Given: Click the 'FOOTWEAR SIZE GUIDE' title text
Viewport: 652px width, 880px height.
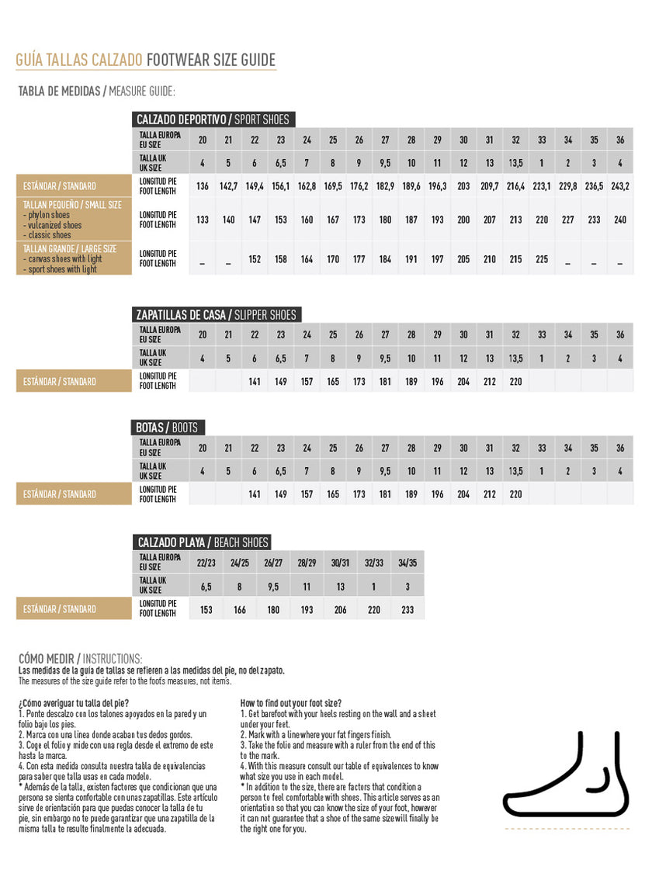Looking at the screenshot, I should coord(210,61).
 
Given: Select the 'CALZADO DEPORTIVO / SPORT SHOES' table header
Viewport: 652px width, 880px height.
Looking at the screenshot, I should coord(213,120).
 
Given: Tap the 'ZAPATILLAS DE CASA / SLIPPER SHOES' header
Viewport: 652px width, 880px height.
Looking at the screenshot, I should coord(216,314).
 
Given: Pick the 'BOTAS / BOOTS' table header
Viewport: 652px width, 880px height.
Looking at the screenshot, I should coord(167,428).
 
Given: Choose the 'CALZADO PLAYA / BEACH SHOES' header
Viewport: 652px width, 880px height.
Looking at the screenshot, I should coord(203,542).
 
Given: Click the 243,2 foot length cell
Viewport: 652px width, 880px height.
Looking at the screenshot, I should coord(620,186).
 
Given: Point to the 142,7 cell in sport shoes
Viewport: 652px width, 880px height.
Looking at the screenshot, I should coord(228,186).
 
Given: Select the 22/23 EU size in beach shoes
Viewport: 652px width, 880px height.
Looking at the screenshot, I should coord(206,561).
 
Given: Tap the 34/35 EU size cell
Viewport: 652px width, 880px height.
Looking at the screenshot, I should coord(407,561).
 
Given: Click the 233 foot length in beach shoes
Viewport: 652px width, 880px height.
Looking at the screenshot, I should coord(407,610).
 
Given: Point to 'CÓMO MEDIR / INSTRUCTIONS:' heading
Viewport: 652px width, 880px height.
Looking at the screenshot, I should coord(81,659).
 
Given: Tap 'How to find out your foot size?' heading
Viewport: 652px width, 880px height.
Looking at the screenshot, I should coord(291,702).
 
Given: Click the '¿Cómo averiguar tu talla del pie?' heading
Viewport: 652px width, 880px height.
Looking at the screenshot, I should coord(68,702).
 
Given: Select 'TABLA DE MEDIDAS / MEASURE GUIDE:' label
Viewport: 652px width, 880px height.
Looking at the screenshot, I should coord(97,92).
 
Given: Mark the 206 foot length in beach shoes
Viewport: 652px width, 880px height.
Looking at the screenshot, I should coord(340,610).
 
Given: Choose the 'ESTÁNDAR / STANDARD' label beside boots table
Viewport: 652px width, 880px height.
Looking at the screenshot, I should coord(60,494).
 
